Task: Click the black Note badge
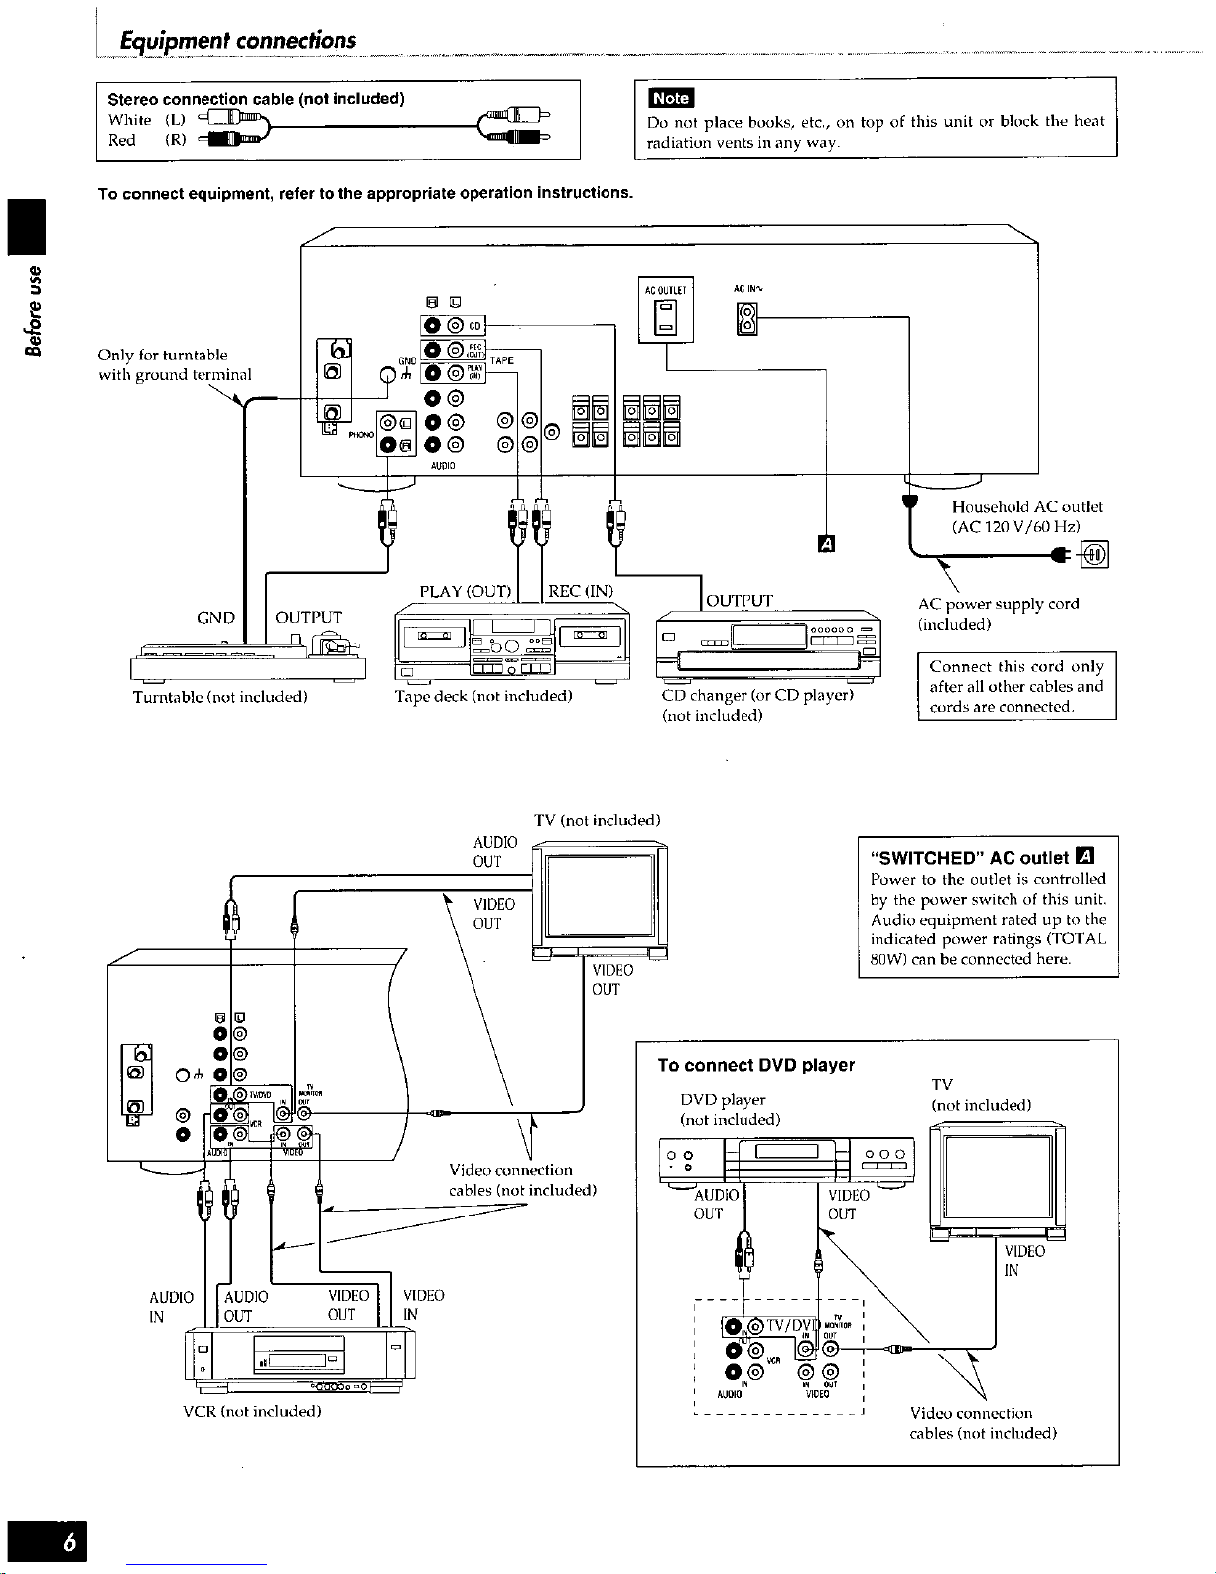671,97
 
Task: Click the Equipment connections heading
237,41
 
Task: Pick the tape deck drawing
511,644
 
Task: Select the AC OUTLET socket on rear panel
666,316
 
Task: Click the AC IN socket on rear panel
747,318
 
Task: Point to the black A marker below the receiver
825,543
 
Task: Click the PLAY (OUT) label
465,592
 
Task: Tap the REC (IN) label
581,592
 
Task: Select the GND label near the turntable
215,618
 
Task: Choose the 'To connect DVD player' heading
755,1065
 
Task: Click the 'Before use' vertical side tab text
35,309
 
